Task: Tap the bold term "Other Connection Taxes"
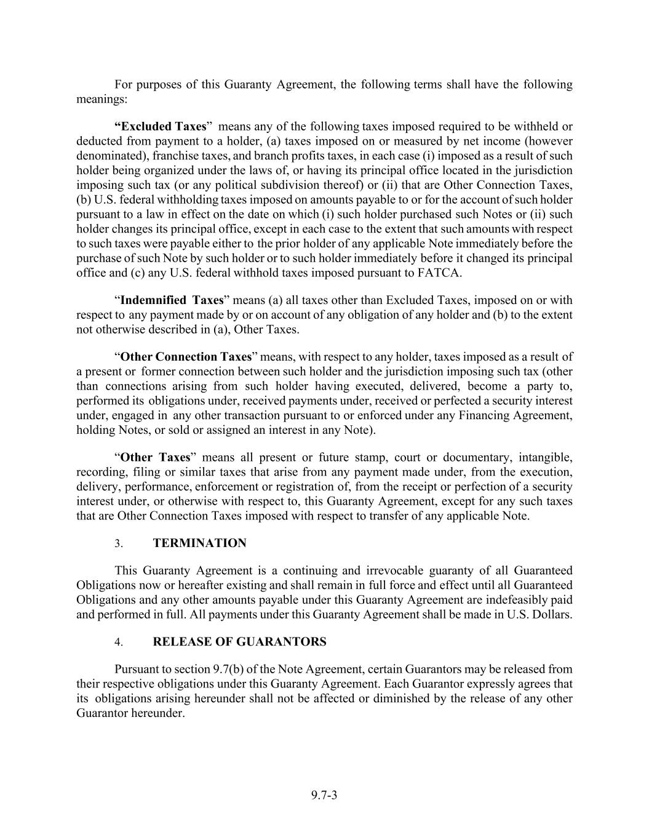186,357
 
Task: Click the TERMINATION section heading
199,543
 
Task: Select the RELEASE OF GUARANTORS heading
239,642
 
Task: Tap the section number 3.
119,544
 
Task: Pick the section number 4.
119,642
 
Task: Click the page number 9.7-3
324,795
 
